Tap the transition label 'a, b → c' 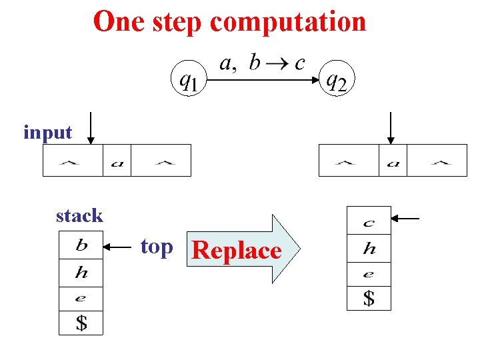pyautogui.click(x=262, y=63)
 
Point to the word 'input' pyautogui.click(x=47, y=132)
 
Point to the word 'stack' pyautogui.click(x=79, y=215)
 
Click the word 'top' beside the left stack pyautogui.click(x=157, y=247)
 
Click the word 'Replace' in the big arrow pyautogui.click(x=236, y=251)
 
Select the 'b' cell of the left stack pyautogui.click(x=81, y=245)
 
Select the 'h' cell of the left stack pyautogui.click(x=81, y=273)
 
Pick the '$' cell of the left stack pyautogui.click(x=81, y=323)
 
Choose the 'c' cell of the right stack pyautogui.click(x=369, y=221)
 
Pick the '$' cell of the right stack pyautogui.click(x=369, y=298)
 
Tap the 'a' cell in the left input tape pyautogui.click(x=117, y=161)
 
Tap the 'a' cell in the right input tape pyautogui.click(x=393, y=161)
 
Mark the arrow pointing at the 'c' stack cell pyautogui.click(x=405, y=218)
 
